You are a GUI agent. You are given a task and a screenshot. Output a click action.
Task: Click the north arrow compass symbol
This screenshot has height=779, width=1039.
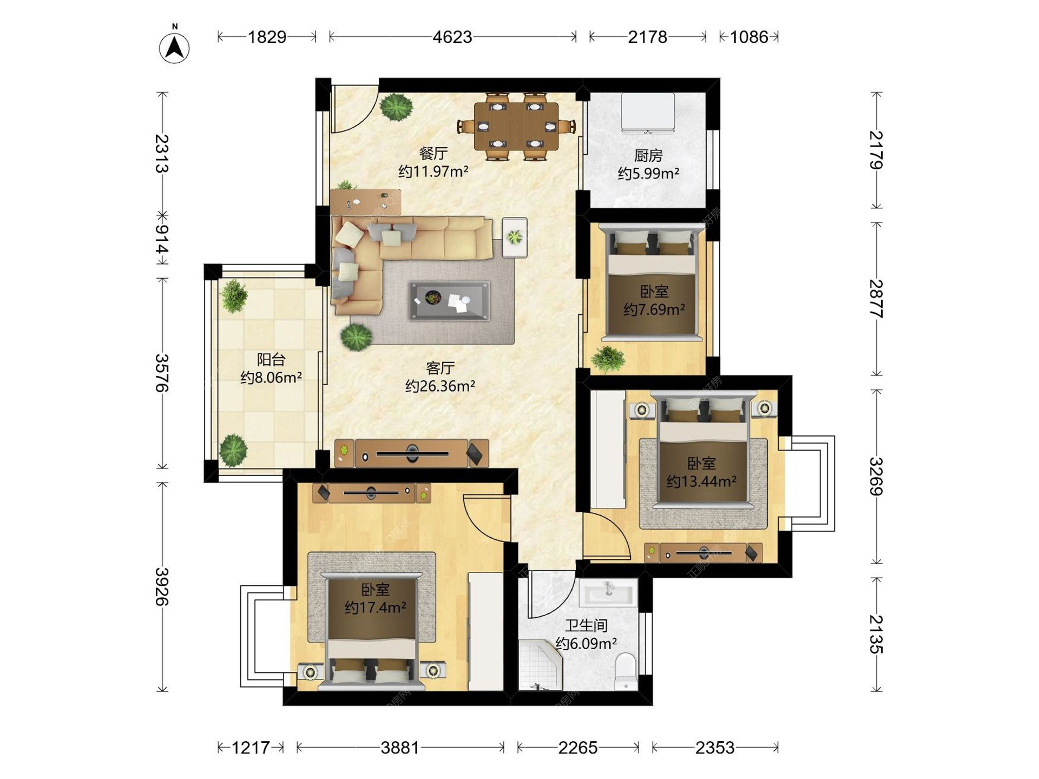click(174, 47)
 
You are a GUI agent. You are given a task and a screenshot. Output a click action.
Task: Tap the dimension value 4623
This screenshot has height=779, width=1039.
click(452, 37)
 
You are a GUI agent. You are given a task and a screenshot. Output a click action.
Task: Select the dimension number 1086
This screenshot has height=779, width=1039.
click(749, 37)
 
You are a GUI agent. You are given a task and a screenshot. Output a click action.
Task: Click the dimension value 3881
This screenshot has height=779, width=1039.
click(400, 748)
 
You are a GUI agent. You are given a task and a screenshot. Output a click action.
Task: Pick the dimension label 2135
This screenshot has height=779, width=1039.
click(876, 634)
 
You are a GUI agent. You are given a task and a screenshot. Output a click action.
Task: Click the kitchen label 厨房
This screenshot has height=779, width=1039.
click(648, 156)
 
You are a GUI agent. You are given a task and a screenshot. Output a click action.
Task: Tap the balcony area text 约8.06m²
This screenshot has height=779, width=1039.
click(271, 378)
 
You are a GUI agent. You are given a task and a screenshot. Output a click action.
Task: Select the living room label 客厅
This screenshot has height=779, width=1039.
click(440, 368)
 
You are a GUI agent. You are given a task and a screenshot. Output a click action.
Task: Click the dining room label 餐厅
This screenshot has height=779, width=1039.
click(433, 154)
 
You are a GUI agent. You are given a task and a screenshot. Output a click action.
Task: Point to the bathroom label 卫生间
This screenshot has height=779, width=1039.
click(587, 626)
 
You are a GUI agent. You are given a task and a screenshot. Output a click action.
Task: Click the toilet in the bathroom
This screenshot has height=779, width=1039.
click(626, 671)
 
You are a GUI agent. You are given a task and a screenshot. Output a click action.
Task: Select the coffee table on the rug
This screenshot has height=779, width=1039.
click(449, 301)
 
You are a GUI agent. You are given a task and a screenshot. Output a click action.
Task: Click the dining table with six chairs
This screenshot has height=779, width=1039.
click(516, 127)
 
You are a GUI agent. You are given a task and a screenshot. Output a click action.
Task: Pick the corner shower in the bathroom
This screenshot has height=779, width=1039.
click(540, 665)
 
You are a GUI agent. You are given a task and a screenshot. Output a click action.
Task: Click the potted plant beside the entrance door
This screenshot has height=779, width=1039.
click(397, 107)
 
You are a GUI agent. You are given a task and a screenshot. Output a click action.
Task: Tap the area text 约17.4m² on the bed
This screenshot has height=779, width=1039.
click(375, 608)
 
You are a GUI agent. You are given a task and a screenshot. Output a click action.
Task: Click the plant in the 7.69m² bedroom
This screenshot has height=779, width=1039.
click(608, 359)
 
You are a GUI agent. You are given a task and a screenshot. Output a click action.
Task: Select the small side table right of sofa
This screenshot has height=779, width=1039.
click(515, 237)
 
